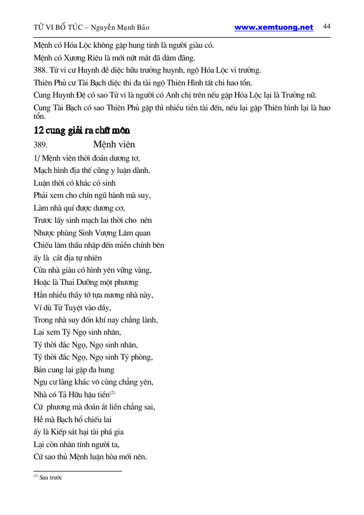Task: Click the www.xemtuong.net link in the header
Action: [274, 28]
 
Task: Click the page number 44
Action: [326, 27]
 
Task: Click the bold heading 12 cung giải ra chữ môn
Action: [82, 130]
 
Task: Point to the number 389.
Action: [41, 144]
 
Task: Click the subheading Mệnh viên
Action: [114, 144]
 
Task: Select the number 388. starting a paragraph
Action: [40, 70]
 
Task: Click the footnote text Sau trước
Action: [51, 477]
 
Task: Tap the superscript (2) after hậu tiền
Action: [112, 393]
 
